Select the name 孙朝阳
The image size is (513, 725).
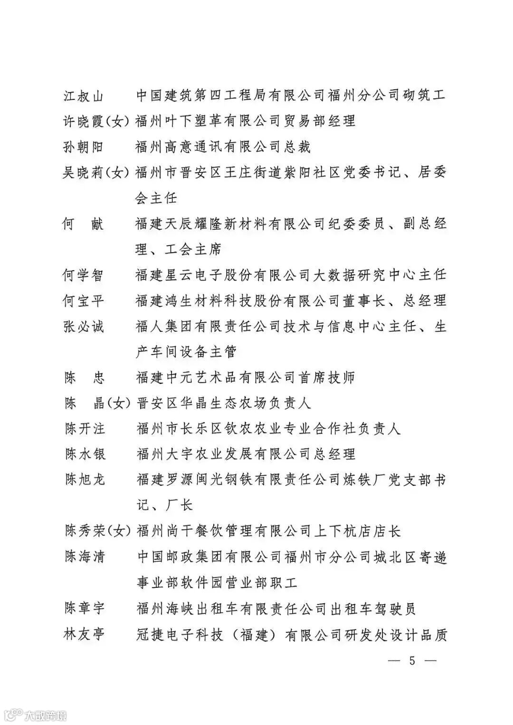(83, 147)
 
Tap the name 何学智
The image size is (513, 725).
(83, 275)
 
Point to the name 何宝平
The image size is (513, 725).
(83, 301)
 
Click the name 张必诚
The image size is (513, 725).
(83, 327)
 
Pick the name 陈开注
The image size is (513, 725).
(85, 429)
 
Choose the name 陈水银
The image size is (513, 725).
(85, 454)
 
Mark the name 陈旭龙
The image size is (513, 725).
(85, 480)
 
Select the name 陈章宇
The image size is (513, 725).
(85, 608)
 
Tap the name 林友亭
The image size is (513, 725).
(84, 634)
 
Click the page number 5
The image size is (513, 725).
(411, 660)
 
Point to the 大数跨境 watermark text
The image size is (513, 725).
(46, 715)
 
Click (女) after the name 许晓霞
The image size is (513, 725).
(116, 122)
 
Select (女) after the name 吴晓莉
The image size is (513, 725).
(116, 173)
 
